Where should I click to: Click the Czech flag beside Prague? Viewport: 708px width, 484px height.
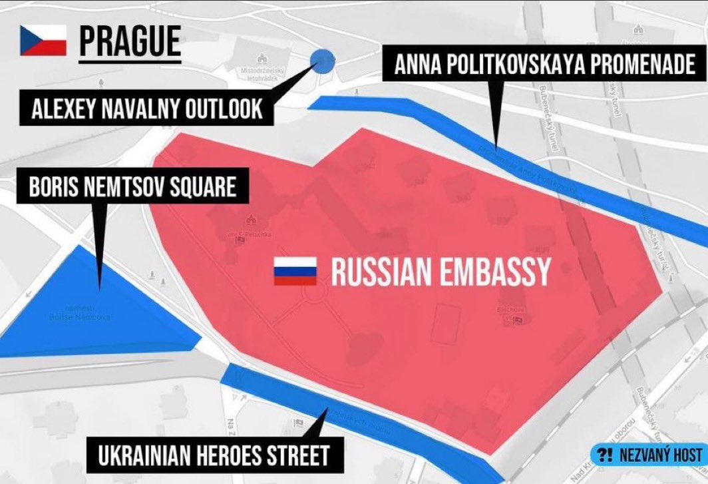(x=43, y=41)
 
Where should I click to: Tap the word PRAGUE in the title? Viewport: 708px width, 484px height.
(x=130, y=41)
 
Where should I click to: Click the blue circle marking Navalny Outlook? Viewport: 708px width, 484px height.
(x=323, y=61)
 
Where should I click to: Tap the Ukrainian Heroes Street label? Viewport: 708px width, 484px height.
(x=214, y=456)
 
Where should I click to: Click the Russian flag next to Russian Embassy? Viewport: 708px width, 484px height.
(x=295, y=272)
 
